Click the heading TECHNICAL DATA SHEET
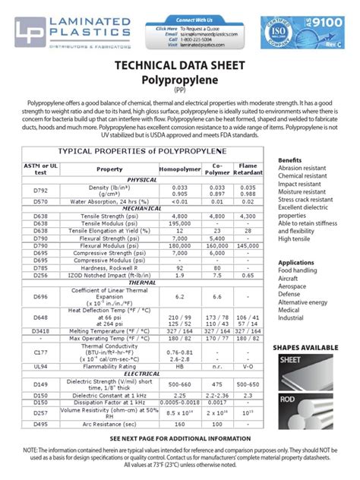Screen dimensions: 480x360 click(180, 67)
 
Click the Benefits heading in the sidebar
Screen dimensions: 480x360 click(290, 161)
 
